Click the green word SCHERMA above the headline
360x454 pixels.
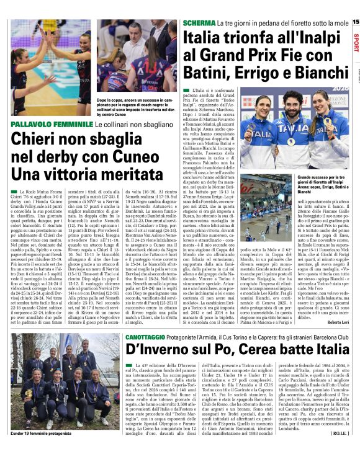(199, 22)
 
